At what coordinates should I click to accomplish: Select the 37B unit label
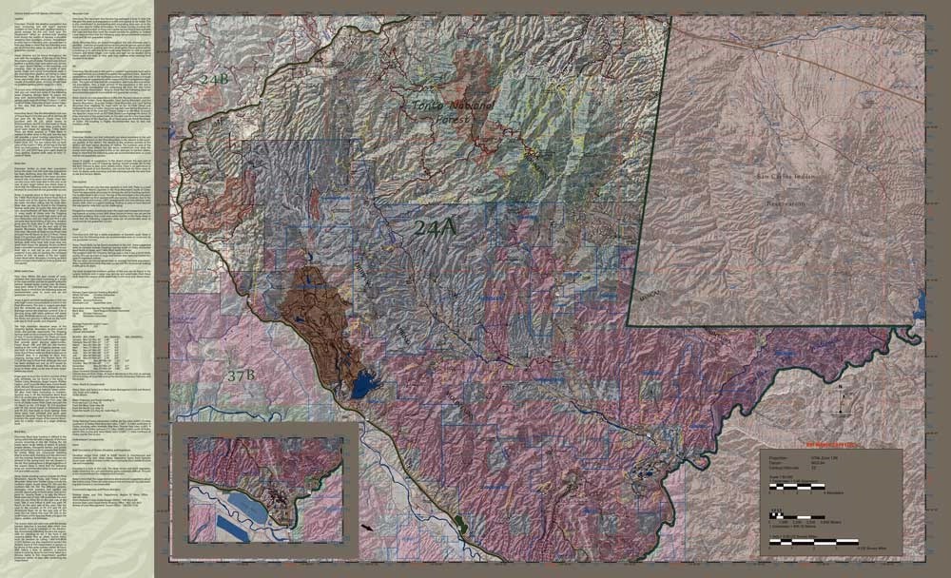coord(243,376)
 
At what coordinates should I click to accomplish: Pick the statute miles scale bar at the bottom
coord(818,542)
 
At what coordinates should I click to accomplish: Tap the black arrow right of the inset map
coord(366,525)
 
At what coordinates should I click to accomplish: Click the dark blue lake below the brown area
coord(362,385)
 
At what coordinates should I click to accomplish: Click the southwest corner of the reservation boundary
coord(629,324)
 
